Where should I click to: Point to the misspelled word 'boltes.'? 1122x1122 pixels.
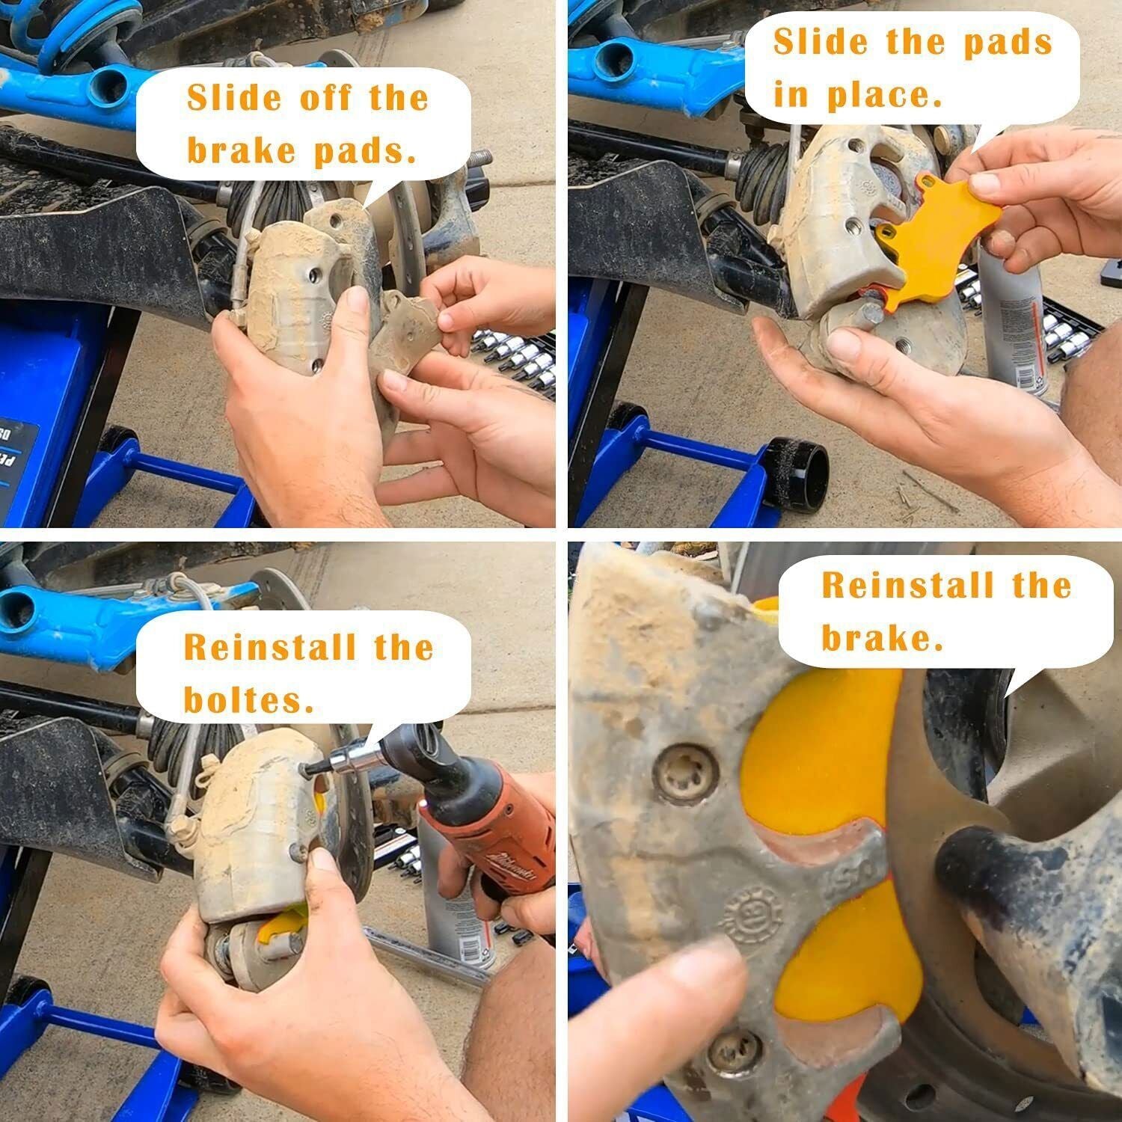(x=249, y=699)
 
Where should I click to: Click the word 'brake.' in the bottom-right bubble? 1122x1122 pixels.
(x=882, y=637)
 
